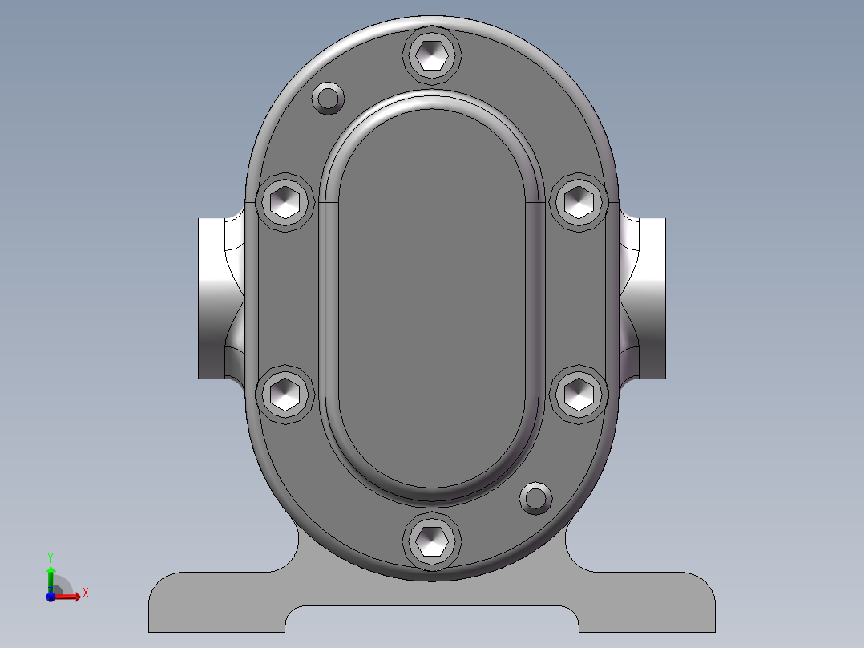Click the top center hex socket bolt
pos(434,54)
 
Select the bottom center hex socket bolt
pos(433,541)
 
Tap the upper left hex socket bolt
pos(286,200)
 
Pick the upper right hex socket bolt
pos(579,200)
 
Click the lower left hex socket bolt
pos(286,393)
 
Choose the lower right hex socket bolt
pos(579,393)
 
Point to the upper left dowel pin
pos(328,98)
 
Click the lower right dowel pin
pos(535,498)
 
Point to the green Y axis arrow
pos(50,575)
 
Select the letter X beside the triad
pos(85,593)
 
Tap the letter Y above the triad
pos(50,557)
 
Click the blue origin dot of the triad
pos(50,596)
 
